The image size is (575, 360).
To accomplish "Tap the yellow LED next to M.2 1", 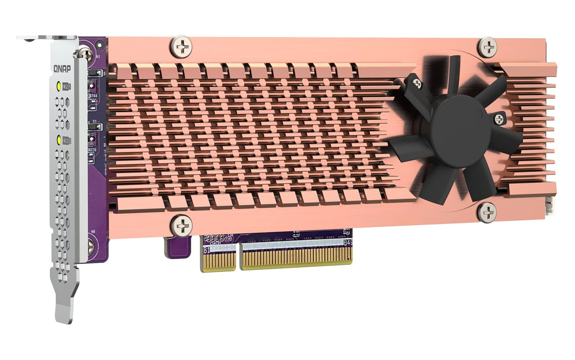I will tap(59, 86).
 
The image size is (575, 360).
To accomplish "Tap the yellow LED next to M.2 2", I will tap(59, 140).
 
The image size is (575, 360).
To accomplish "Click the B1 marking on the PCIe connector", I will tap(207, 250).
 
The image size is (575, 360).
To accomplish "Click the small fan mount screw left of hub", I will tap(417, 83).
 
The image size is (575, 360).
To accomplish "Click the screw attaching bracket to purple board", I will tap(85, 51).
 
